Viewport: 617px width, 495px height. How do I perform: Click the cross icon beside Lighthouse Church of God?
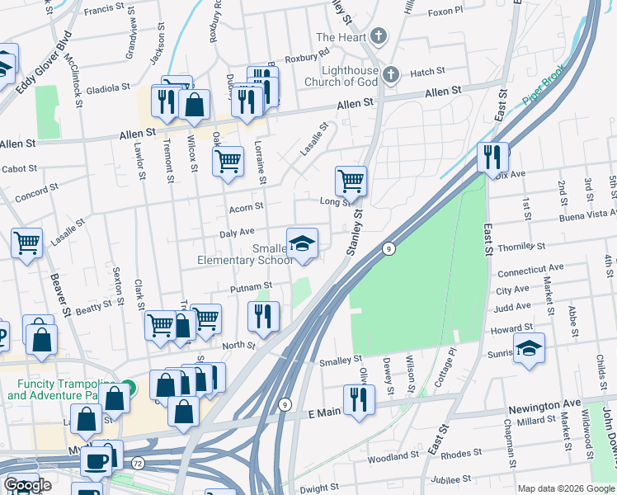point(391,74)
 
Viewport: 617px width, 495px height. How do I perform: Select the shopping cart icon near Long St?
point(351,181)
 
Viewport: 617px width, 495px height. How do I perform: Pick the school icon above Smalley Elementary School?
point(302,243)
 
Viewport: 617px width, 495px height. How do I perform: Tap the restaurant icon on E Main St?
point(359,399)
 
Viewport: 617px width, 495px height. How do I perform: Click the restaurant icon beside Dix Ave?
point(492,156)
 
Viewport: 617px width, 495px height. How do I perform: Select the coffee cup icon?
point(97,461)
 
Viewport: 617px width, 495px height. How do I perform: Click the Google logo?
point(27,485)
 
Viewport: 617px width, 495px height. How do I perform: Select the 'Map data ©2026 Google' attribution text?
point(565,488)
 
